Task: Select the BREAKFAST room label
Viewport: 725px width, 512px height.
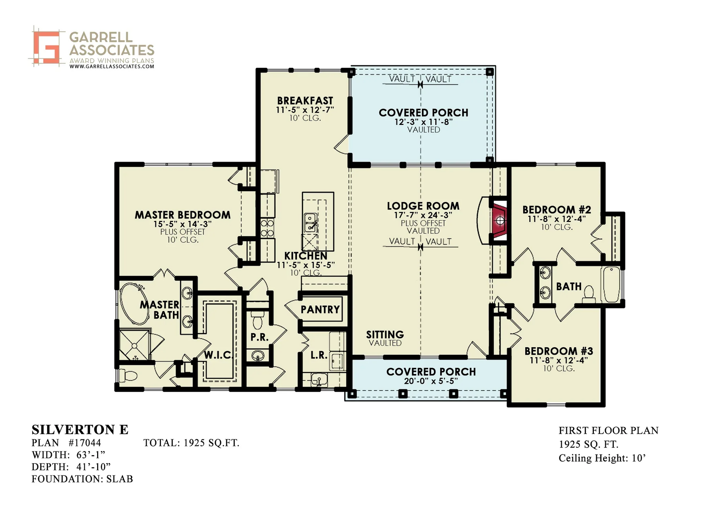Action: click(x=305, y=100)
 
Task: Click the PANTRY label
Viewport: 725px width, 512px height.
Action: click(x=320, y=310)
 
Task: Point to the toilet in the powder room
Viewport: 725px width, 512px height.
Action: click(x=258, y=320)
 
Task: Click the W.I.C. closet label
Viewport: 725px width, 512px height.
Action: click(x=218, y=355)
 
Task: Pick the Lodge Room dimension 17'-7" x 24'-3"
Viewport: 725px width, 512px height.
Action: click(x=423, y=215)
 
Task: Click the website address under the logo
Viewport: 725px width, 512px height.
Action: click(x=112, y=67)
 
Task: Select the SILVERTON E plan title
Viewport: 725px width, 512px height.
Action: click(x=80, y=430)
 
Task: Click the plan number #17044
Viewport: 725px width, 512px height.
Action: click(x=84, y=443)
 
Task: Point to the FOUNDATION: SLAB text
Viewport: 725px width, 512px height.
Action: click(x=82, y=479)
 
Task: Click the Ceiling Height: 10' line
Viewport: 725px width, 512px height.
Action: click(x=602, y=458)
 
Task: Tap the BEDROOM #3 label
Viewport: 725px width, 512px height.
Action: click(x=559, y=351)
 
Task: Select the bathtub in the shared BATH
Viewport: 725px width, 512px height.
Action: click(x=612, y=284)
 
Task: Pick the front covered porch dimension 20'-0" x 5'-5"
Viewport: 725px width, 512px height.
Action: click(x=431, y=381)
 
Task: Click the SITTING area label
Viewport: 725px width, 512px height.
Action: click(x=385, y=334)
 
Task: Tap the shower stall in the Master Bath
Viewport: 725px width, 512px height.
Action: click(x=134, y=344)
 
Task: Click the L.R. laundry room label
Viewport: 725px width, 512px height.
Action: click(x=319, y=355)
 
